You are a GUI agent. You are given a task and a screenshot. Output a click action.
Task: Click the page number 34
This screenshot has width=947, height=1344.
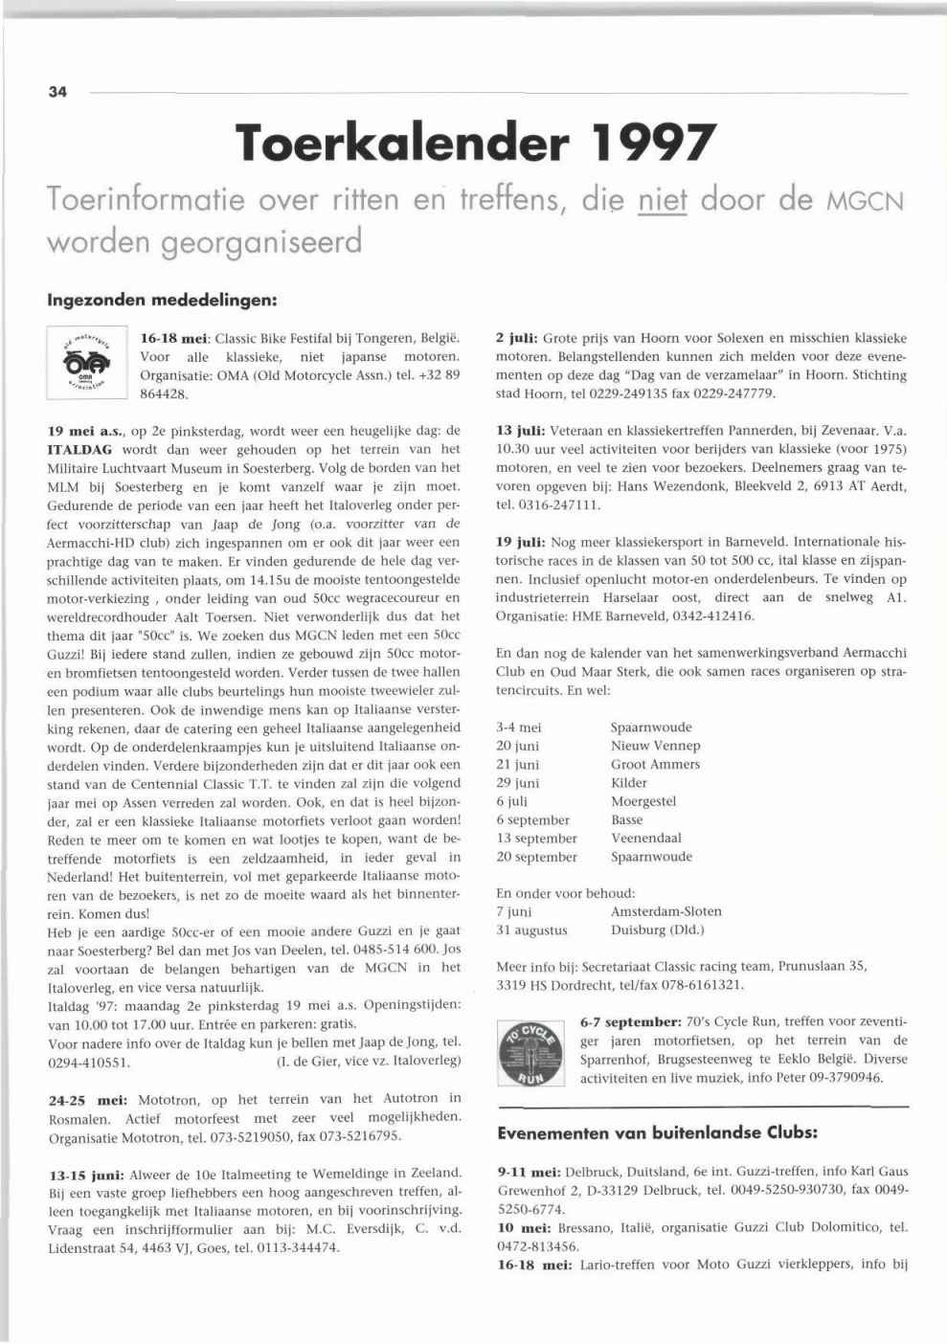click(x=57, y=93)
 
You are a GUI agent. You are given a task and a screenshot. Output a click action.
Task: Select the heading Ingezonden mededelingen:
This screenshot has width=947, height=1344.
click(x=162, y=300)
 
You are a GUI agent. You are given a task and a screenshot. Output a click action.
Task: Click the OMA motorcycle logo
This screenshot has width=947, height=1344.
click(x=86, y=364)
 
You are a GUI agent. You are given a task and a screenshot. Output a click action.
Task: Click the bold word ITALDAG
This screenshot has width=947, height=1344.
click(x=79, y=449)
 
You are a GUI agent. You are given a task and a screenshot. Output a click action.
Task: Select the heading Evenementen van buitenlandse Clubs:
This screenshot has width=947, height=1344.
click(x=657, y=1132)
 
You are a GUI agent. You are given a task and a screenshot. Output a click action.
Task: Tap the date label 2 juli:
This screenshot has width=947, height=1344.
click(x=517, y=339)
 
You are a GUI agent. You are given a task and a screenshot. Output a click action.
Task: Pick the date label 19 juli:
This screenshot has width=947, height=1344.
click(x=521, y=542)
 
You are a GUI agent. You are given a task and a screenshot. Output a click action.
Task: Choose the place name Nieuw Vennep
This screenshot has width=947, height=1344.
click(x=655, y=746)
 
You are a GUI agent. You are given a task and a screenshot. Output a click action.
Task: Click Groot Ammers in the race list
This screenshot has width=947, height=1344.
click(x=655, y=764)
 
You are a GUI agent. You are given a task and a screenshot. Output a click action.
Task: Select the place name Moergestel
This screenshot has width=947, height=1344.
click(x=643, y=801)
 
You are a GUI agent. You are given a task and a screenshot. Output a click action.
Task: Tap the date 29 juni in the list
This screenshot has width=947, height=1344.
click(x=518, y=783)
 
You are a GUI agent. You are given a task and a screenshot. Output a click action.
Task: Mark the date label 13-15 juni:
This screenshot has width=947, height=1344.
click(x=89, y=1174)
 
